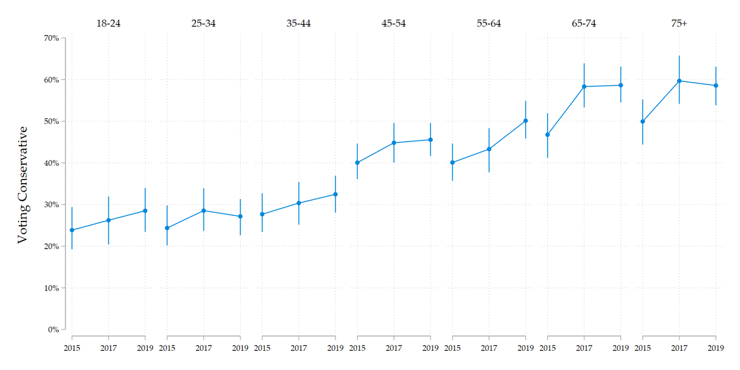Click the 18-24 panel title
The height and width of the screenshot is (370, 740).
pos(109,24)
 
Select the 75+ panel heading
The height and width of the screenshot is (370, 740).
pos(679,24)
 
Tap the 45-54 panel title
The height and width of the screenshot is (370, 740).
pos(393,24)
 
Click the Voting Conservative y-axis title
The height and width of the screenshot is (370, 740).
pos(23,184)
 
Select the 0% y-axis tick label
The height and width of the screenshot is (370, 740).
pos(52,329)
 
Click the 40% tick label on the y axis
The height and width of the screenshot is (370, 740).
pos(51,163)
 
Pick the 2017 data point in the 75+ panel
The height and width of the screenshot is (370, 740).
pos(679,81)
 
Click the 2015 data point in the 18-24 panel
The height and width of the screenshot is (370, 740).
pos(72,230)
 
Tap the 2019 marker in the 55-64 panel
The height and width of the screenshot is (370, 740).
pos(525,121)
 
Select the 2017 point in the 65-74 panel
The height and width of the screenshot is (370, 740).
pos(584,86)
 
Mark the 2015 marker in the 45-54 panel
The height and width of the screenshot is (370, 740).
pos(357,163)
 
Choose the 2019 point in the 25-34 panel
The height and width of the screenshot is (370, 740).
pos(240,216)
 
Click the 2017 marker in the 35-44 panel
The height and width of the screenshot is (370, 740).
pos(298,203)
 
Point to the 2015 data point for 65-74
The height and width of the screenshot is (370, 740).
pos(548,134)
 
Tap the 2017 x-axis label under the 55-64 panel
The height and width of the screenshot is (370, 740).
pos(489,348)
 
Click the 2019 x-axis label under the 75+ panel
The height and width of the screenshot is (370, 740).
pos(715,348)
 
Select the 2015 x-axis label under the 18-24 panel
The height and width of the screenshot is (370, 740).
pos(72,348)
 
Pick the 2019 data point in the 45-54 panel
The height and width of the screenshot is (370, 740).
pos(430,139)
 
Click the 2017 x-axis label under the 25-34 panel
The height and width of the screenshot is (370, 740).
pos(203,348)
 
